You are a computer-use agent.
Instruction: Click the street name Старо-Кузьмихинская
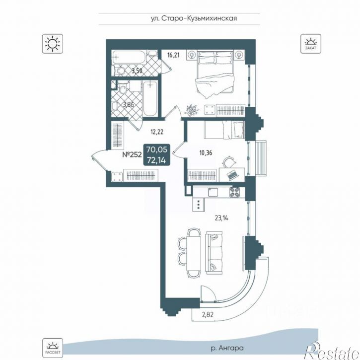coord(199,18)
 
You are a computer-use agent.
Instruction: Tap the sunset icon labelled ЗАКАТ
coord(311,44)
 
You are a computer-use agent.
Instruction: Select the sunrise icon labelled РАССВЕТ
coord(53,348)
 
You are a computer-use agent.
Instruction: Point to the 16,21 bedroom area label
coord(173,55)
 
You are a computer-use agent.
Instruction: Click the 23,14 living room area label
coord(222,217)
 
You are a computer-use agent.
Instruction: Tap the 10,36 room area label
coord(206,152)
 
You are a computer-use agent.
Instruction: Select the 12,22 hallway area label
coord(157,132)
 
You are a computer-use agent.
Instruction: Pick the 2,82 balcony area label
coord(207,314)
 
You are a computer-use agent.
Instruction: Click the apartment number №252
coord(132,155)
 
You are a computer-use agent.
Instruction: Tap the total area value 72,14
coord(156,160)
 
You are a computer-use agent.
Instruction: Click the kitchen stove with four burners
coord(235,192)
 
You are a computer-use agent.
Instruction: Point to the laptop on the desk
coord(232,175)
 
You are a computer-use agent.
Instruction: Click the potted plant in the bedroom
coord(192,110)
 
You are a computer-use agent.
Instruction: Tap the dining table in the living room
coord(194,253)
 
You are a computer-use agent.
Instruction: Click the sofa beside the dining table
coord(215,253)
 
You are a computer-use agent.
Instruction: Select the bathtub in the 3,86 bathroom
coord(150,99)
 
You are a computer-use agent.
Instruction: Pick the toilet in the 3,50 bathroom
coord(120,71)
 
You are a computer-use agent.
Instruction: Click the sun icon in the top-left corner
coord(53,44)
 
